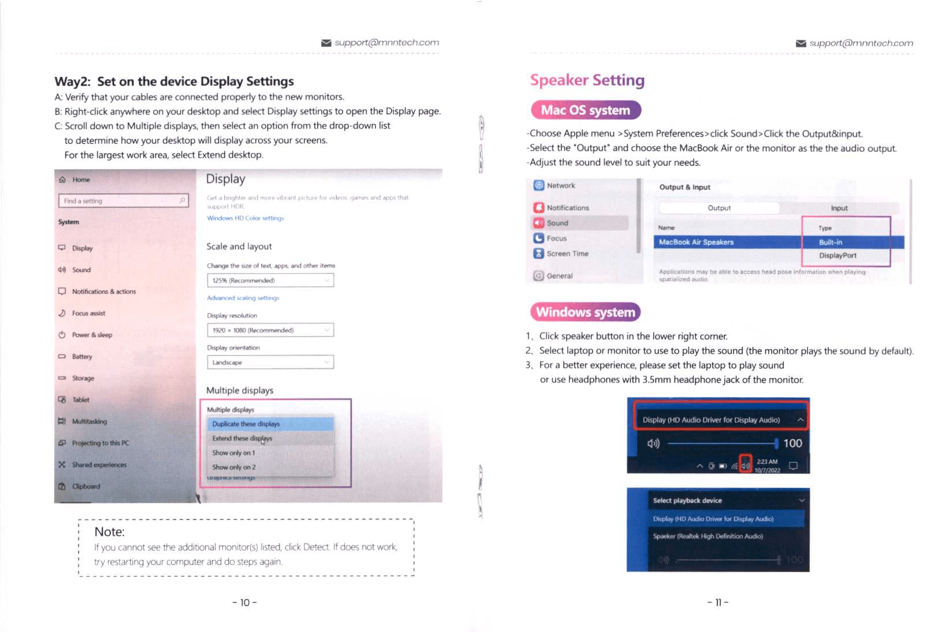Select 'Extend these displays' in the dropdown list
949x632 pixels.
(242, 439)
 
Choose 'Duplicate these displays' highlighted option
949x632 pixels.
(246, 424)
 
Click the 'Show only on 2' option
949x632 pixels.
(234, 468)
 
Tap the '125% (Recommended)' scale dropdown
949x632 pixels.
(270, 281)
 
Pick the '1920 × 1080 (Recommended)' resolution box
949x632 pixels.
(270, 330)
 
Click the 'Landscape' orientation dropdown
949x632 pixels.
(270, 362)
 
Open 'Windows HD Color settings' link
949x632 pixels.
(245, 218)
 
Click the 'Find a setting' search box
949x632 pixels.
(123, 201)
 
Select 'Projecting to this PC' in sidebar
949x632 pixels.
(101, 443)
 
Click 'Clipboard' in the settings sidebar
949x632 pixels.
(86, 487)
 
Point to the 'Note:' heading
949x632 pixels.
(110, 532)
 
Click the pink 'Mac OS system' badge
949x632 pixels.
(585, 110)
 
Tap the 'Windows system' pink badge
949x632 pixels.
(585, 312)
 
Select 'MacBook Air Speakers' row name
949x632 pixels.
(696, 242)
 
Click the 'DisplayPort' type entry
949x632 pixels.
(838, 256)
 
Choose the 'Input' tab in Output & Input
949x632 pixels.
(839, 208)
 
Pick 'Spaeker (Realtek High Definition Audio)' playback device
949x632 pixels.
(708, 536)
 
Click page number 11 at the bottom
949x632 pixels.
(718, 603)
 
